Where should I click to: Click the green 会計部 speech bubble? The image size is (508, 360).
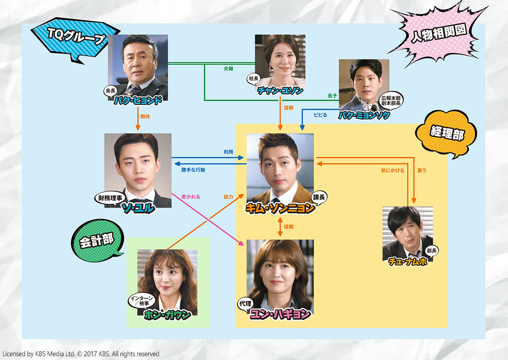[97, 241]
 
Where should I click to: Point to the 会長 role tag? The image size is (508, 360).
[110, 91]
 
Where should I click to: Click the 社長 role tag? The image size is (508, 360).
[254, 79]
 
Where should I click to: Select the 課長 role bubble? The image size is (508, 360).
[319, 197]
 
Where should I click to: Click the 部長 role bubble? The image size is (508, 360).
[431, 251]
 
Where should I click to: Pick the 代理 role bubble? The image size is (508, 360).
[246, 304]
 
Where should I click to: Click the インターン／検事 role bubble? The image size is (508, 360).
[142, 301]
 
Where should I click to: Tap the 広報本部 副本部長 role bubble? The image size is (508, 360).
[391, 101]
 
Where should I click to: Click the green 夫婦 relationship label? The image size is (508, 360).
[228, 69]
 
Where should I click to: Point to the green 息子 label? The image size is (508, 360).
[332, 96]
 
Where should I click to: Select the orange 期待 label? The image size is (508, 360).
[145, 116]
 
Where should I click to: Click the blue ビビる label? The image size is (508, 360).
[320, 115]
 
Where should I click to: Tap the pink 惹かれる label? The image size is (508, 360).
[191, 197]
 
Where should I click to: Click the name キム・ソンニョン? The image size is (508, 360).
[280, 208]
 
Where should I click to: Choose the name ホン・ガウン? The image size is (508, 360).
[167, 315]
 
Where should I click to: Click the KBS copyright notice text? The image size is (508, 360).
[81, 354]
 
